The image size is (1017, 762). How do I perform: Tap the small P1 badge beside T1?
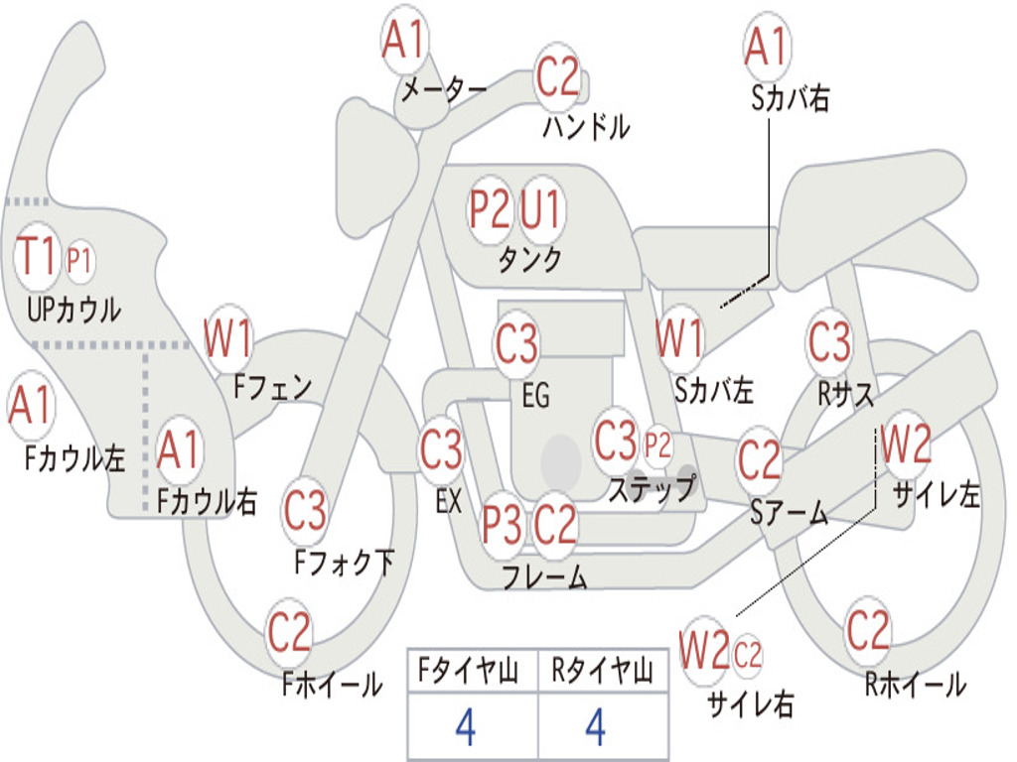click(x=79, y=261)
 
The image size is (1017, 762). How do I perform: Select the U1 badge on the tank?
click(x=541, y=210)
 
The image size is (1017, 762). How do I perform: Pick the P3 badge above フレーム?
click(x=503, y=524)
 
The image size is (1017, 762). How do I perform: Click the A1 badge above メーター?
click(x=404, y=42)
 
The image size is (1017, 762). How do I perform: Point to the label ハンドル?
click(x=586, y=126)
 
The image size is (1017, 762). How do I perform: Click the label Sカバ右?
click(x=791, y=98)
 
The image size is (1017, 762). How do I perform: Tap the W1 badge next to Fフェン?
click(x=228, y=338)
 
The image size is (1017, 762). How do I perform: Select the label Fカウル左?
click(x=75, y=457)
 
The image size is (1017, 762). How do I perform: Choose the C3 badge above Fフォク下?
click(x=305, y=511)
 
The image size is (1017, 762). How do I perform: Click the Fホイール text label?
click(x=332, y=685)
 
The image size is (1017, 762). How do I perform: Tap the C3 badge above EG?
click(x=516, y=345)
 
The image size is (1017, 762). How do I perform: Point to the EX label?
click(x=448, y=501)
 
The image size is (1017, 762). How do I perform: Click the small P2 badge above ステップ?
click(x=657, y=447)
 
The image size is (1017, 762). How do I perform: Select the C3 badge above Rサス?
click(x=829, y=341)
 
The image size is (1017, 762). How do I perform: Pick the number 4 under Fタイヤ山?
click(x=465, y=727)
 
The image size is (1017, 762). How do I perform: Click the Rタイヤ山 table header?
click(x=602, y=672)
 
